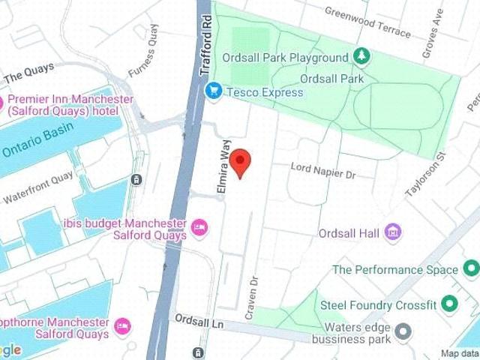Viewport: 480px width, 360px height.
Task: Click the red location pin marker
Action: click(239, 161)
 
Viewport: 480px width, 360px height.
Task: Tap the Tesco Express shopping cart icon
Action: click(213, 92)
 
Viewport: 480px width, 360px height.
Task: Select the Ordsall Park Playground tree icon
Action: click(361, 56)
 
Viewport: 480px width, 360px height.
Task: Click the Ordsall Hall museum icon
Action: click(392, 233)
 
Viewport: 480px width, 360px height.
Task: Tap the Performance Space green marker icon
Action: click(470, 269)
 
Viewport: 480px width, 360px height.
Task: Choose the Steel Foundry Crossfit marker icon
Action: click(449, 304)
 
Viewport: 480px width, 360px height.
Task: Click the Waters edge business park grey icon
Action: click(403, 331)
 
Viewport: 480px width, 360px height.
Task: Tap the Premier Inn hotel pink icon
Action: click(1, 103)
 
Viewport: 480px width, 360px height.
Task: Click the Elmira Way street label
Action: click(223, 169)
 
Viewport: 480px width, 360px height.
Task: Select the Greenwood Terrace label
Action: click(367, 22)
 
